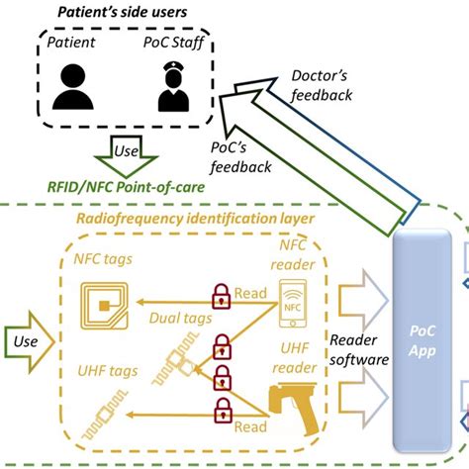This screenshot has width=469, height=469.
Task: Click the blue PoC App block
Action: pos(423,346)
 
